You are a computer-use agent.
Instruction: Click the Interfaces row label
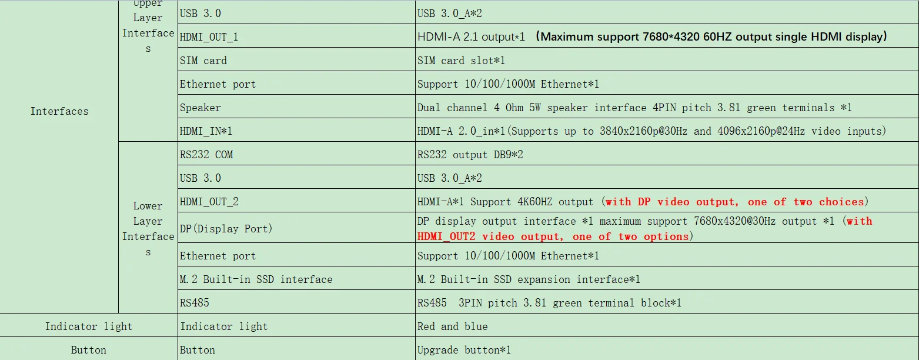pos(59,111)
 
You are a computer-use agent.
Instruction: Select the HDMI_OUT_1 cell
pos(209,37)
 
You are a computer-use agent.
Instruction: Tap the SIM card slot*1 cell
pos(461,61)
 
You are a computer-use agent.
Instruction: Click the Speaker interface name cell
pos(200,108)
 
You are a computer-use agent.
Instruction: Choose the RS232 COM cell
pos(206,155)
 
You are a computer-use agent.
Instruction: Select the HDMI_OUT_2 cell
pos(209,202)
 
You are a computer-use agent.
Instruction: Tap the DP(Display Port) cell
pos(226,228)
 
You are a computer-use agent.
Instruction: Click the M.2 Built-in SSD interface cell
pos(256,279)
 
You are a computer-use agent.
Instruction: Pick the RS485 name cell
pos(195,303)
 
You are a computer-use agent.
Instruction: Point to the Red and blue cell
pos(452,326)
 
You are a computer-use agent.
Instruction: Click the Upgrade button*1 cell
pos(464,350)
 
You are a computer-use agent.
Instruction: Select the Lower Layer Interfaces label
pos(148,229)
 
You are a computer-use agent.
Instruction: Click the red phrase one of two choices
pos(806,202)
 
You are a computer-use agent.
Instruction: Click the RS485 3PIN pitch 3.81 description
pos(549,303)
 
